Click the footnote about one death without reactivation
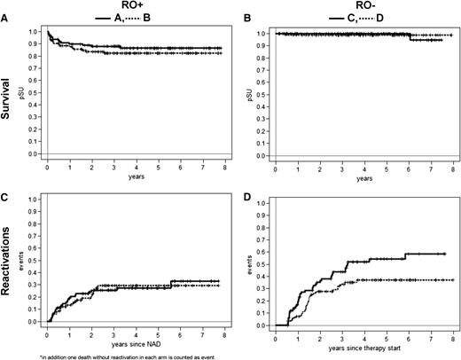[115, 355]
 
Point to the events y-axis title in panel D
[260, 263]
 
